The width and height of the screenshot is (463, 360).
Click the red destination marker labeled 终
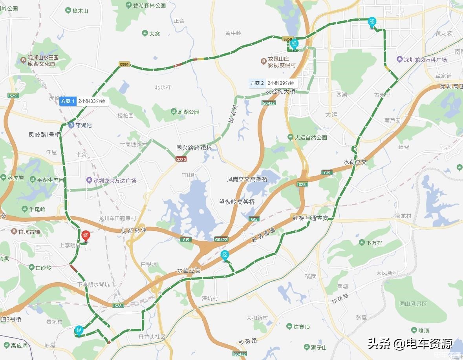coord(86,236)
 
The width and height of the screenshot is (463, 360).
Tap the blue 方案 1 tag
coord(67,101)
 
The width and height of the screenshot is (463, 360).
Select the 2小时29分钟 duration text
coord(280,83)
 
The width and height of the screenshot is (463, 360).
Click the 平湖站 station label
coord(83,126)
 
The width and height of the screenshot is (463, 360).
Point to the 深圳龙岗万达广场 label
coord(114,181)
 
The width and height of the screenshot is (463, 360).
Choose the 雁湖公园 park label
coord(188,112)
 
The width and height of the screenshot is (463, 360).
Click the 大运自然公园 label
coord(311,138)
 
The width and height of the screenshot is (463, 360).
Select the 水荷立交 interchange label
coord(355,162)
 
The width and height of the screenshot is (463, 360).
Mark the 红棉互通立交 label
coord(310,217)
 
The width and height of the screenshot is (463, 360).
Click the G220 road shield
coord(181,159)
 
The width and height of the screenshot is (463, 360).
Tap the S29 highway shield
coord(13,96)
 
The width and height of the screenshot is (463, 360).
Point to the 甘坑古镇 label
coord(29,232)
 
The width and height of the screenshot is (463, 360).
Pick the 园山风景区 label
coord(413,304)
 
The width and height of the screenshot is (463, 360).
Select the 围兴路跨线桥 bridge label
coord(194,148)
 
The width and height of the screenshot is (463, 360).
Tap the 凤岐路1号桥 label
coord(45,135)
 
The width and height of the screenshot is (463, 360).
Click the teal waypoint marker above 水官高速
coord(225,255)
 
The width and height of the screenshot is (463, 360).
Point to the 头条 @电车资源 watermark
coord(410,344)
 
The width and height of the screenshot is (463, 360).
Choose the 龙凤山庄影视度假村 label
coord(281,62)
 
